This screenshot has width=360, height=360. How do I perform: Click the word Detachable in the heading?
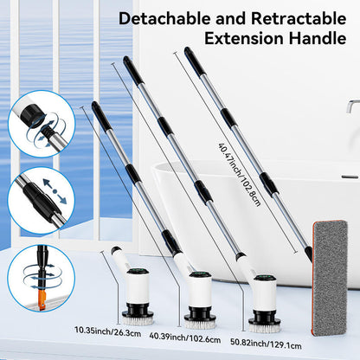point(157,18)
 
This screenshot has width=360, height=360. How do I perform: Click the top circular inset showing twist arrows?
point(42,125)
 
